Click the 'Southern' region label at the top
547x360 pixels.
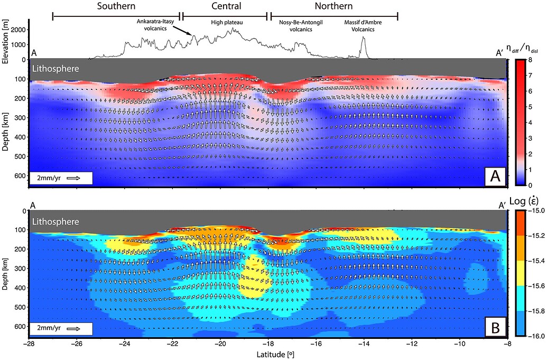tap(116, 6)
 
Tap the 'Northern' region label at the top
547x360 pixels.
tap(333, 6)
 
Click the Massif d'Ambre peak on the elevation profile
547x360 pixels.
tap(363, 38)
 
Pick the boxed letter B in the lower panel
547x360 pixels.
tap(495, 329)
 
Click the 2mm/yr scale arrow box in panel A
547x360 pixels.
tap(62, 179)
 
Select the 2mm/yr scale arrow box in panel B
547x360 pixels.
tap(62, 329)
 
